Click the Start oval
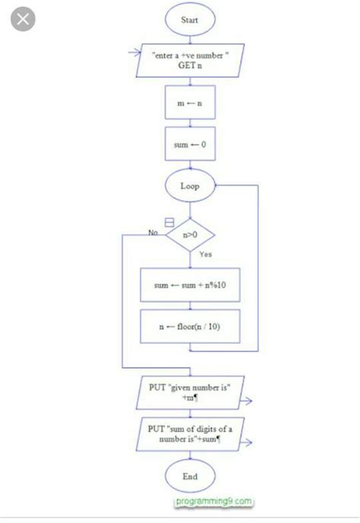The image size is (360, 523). point(189,20)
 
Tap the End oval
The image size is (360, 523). point(189,477)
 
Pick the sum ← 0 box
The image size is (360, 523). point(189,144)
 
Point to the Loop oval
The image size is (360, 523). point(189,185)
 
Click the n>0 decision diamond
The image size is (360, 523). point(190,236)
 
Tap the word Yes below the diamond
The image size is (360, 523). point(206,255)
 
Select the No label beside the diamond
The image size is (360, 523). point(153,232)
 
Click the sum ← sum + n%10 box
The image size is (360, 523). point(190,286)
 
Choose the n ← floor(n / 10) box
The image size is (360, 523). point(190,327)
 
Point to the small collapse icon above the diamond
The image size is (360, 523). point(169,222)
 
